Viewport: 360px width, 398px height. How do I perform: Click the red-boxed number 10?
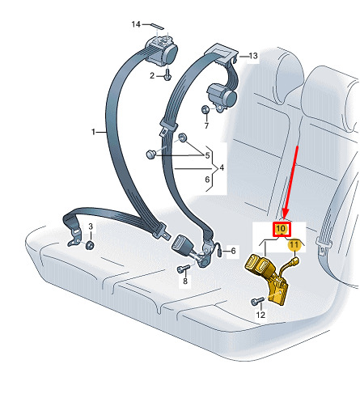pos(282,229)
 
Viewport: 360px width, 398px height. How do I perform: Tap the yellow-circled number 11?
pos(294,245)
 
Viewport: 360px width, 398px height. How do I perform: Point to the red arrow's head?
pos(285,214)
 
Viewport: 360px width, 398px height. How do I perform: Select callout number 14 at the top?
pos(136,24)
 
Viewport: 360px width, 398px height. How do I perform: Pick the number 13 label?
pos(253,56)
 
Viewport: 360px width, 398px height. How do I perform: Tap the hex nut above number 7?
pos(205,110)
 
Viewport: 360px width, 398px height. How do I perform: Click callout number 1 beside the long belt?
pos(93,132)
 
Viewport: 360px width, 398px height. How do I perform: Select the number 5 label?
pos(207,155)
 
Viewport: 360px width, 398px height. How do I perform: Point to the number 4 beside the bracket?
pos(222,167)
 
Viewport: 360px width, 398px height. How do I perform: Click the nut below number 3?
pos(90,245)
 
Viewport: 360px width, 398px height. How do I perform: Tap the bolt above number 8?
pos(184,269)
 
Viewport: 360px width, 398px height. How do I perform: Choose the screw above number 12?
pos(258,301)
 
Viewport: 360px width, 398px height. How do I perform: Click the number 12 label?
pos(260,315)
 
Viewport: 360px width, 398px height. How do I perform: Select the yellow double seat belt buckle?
pos(267,279)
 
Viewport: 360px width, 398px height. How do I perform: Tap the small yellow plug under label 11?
pos(294,261)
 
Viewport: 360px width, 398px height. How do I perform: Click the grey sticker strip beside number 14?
pos(157,26)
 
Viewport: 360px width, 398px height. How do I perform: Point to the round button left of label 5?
pos(151,155)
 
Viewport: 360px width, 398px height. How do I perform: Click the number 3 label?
pos(91,227)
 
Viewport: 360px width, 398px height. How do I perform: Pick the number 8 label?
pos(185,281)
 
